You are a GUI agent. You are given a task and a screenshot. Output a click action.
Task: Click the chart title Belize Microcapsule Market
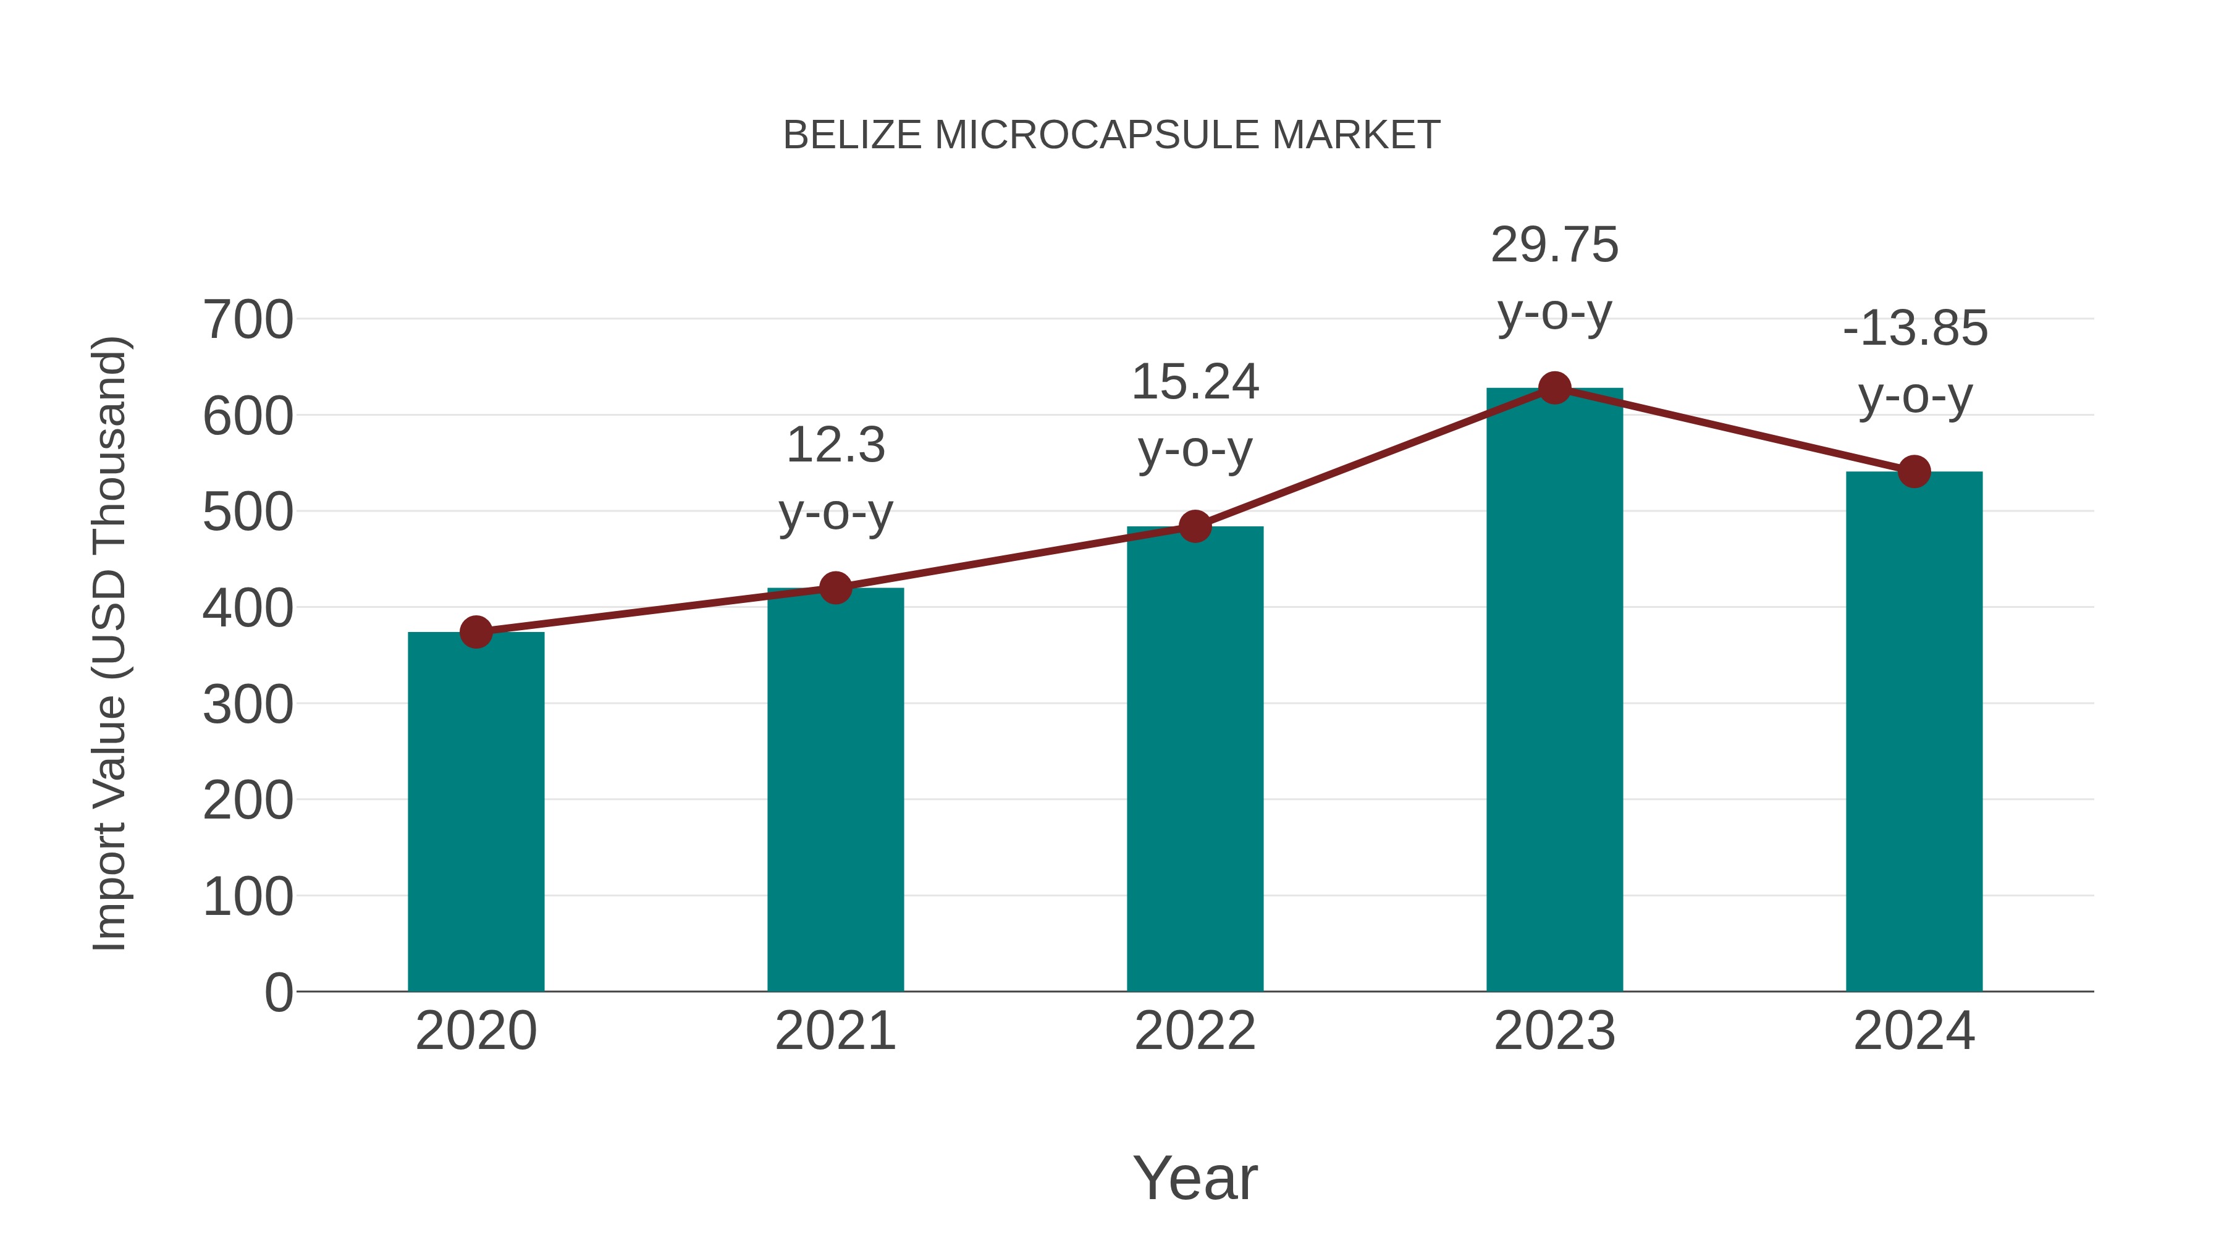(x=1111, y=135)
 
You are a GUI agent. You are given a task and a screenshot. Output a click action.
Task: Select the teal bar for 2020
(x=476, y=812)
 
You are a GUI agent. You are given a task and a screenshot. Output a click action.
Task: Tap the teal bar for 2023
(x=1554, y=691)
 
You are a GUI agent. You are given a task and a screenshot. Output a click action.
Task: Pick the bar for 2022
(x=1195, y=760)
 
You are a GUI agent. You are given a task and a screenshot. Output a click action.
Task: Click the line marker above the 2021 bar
(x=835, y=588)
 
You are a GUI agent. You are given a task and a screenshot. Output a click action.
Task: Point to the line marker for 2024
(x=1914, y=471)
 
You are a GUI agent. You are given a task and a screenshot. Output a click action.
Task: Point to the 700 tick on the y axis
(x=248, y=320)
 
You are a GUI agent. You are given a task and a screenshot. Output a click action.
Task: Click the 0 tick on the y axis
(x=279, y=992)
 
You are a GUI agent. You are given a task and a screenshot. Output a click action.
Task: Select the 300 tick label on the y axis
(x=248, y=704)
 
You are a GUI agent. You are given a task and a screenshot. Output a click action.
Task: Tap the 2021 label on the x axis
(x=835, y=1031)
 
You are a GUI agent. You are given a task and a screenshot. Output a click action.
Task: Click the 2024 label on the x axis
(x=1914, y=1031)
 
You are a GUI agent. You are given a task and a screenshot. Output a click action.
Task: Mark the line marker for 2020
(x=476, y=632)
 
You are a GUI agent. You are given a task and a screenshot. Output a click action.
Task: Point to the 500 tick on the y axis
(x=248, y=512)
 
